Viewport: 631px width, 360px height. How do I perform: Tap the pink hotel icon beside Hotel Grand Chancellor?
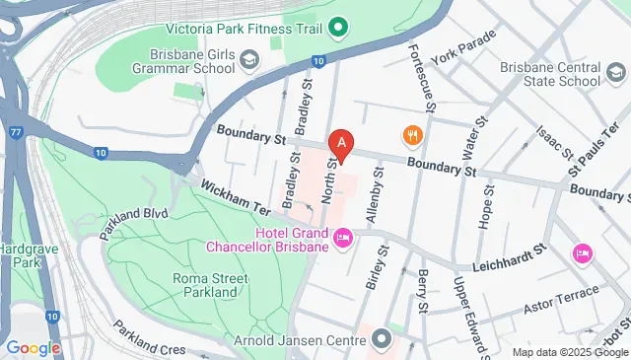(x=343, y=237)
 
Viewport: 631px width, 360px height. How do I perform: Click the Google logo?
(x=33, y=347)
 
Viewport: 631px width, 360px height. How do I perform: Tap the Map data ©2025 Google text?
(x=570, y=352)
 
